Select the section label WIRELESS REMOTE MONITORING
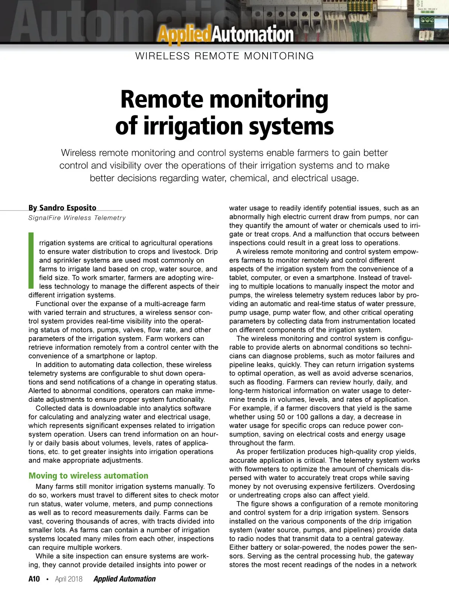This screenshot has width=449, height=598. (x=224, y=56)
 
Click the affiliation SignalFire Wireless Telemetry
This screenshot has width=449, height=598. (x=77, y=218)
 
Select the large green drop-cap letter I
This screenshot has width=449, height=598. (x=31, y=261)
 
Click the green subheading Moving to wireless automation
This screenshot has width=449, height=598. (x=88, y=476)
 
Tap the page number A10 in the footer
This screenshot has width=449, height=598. (x=34, y=579)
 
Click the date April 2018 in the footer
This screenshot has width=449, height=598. (x=69, y=579)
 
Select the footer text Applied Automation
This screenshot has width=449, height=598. (x=125, y=579)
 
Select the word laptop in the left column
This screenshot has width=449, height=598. (x=145, y=356)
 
